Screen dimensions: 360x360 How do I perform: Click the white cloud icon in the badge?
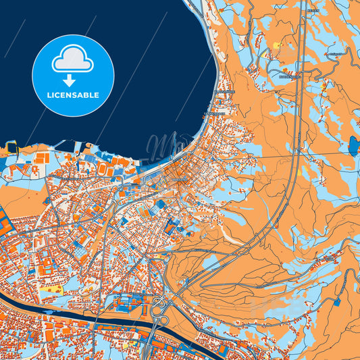(73, 61)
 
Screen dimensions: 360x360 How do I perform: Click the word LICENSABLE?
(73, 95)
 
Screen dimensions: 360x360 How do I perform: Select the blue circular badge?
(73, 76)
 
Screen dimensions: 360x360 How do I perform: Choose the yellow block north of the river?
(49, 289)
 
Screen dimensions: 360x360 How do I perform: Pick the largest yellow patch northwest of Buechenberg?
(276, 46)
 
